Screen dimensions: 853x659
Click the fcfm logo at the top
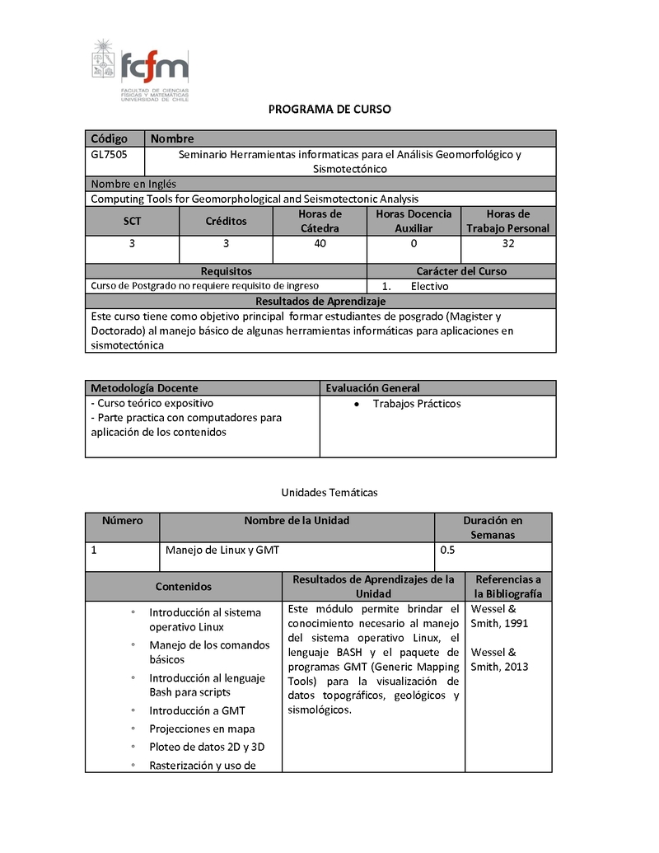pyautogui.click(x=140, y=69)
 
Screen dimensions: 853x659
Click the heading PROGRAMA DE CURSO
pyautogui.click(x=329, y=109)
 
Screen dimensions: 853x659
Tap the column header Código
pyautogui.click(x=109, y=138)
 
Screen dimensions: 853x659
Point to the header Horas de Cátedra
pyautogui.click(x=320, y=221)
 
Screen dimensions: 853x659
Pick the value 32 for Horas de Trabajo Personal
pyautogui.click(x=507, y=244)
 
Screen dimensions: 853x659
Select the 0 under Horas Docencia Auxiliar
pyautogui.click(x=414, y=244)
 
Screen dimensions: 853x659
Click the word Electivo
pyautogui.click(x=429, y=286)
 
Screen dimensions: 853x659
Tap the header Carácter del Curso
pyautogui.click(x=461, y=271)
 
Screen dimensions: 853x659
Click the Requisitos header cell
pyautogui.click(x=226, y=271)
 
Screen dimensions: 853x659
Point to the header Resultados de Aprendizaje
pyautogui.click(x=320, y=301)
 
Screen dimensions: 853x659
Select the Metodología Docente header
pyautogui.click(x=144, y=387)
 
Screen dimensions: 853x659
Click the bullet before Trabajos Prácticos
pyautogui.click(x=355, y=404)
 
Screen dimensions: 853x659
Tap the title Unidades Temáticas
pyautogui.click(x=329, y=492)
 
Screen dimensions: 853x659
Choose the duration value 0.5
pyautogui.click(x=448, y=551)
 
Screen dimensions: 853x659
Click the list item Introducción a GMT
pyautogui.click(x=197, y=710)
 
